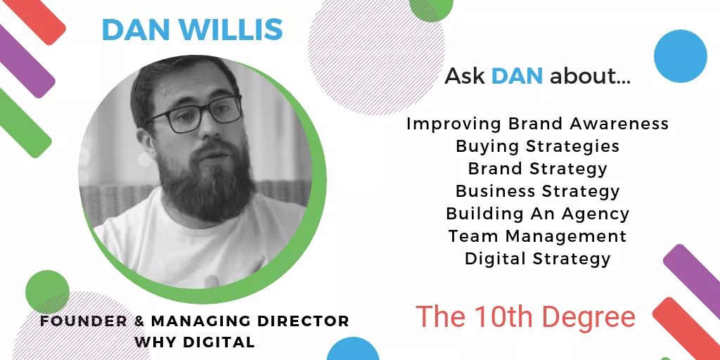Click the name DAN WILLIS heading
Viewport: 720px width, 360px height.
point(192,30)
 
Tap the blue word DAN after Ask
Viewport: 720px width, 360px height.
point(517,76)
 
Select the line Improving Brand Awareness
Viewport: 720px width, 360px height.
point(537,124)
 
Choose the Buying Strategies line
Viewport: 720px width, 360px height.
point(537,146)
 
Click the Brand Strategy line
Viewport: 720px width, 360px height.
point(537,169)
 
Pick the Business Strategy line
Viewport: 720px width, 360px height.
point(537,191)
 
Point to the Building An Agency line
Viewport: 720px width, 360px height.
point(537,214)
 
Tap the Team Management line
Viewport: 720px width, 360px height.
point(537,236)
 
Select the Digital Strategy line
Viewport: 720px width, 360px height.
point(537,259)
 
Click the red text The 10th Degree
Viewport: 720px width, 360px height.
point(525,317)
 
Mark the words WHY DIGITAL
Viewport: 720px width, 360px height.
point(194,342)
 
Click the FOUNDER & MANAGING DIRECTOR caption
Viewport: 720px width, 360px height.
point(194,321)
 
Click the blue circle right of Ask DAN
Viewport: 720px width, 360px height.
point(680,56)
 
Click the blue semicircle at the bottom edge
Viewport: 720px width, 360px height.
point(353,350)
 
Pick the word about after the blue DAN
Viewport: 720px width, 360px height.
point(589,76)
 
